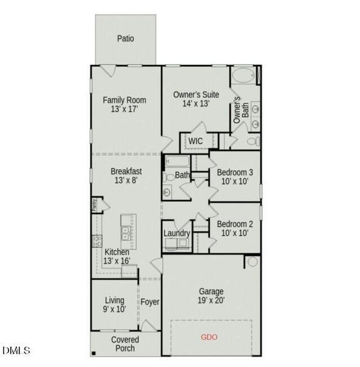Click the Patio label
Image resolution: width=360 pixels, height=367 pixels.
click(126, 39)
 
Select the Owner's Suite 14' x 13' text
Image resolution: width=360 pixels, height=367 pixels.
click(196, 99)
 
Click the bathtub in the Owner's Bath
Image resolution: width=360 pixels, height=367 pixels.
click(244, 77)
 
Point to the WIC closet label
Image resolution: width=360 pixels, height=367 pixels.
click(195, 141)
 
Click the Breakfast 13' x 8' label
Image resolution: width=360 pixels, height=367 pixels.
click(127, 176)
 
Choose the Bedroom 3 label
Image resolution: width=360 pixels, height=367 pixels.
click(235, 177)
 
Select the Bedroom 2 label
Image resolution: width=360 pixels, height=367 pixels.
click(235, 228)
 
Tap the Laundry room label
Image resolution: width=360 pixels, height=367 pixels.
click(177, 233)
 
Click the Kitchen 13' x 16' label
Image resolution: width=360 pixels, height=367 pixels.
click(116, 256)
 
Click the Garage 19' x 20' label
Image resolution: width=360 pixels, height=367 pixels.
click(211, 295)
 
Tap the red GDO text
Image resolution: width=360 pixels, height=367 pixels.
click(209, 337)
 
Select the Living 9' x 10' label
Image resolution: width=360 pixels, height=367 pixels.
click(114, 305)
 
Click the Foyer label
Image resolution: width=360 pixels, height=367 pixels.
click(150, 302)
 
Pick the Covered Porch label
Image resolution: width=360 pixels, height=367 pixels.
click(125, 344)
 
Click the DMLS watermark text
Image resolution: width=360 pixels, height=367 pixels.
click(16, 350)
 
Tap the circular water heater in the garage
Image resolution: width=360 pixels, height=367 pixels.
click(253, 262)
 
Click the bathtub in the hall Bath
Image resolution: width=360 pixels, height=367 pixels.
click(176, 162)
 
